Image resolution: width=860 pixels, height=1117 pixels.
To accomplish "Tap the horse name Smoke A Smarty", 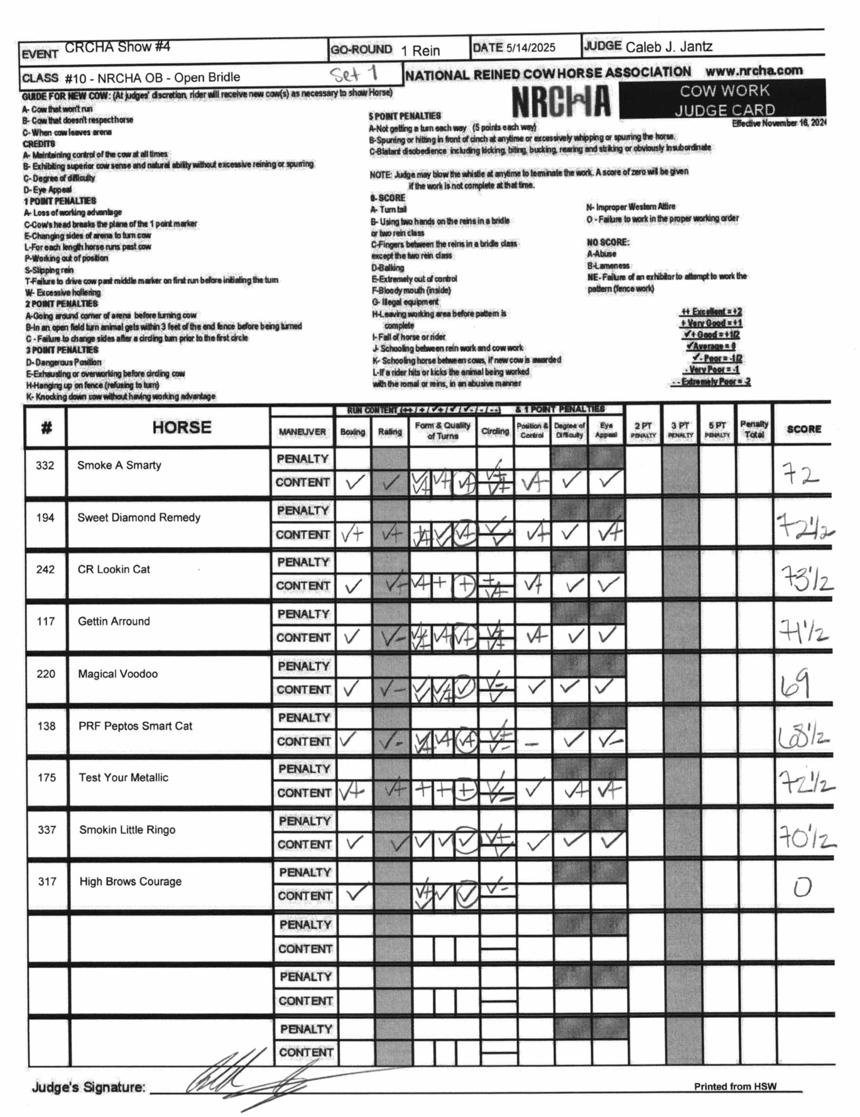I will pyautogui.click(x=119, y=465).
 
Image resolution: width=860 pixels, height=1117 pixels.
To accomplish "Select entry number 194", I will pyautogui.click(x=45, y=517).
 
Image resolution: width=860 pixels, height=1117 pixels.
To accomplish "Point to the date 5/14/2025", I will pyautogui.click(x=530, y=48).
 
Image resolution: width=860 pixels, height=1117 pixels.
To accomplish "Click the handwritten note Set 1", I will pyautogui.click(x=353, y=74).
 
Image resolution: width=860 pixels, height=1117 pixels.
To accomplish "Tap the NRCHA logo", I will pyautogui.click(x=561, y=101).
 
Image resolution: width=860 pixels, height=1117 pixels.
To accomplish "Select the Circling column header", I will pyautogui.click(x=494, y=431).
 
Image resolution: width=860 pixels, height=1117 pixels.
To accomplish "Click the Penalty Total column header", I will pyautogui.click(x=754, y=430).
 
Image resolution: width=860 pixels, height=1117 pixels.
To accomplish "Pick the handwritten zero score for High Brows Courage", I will pyautogui.click(x=802, y=887).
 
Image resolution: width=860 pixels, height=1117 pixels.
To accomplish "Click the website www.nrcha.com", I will pyautogui.click(x=754, y=71).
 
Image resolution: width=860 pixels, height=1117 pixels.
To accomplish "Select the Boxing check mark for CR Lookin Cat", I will pyautogui.click(x=352, y=586).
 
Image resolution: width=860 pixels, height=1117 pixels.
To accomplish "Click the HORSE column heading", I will pyautogui.click(x=182, y=427).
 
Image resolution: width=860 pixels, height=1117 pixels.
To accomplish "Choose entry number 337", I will pyautogui.click(x=47, y=829).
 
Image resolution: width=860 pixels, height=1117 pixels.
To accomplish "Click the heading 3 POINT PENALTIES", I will pyautogui.click(x=62, y=350).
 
